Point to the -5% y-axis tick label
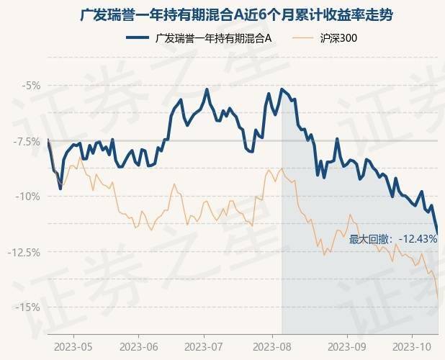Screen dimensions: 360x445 click(31, 86)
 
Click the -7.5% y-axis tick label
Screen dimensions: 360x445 click(28, 141)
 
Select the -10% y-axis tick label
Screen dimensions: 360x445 click(30, 197)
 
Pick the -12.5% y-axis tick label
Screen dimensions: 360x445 click(27, 252)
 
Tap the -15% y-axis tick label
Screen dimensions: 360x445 click(30, 307)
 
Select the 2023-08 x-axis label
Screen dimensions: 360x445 click(274, 347)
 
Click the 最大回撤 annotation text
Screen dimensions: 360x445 click(371, 239)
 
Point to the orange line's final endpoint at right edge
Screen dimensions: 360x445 click(438, 297)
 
